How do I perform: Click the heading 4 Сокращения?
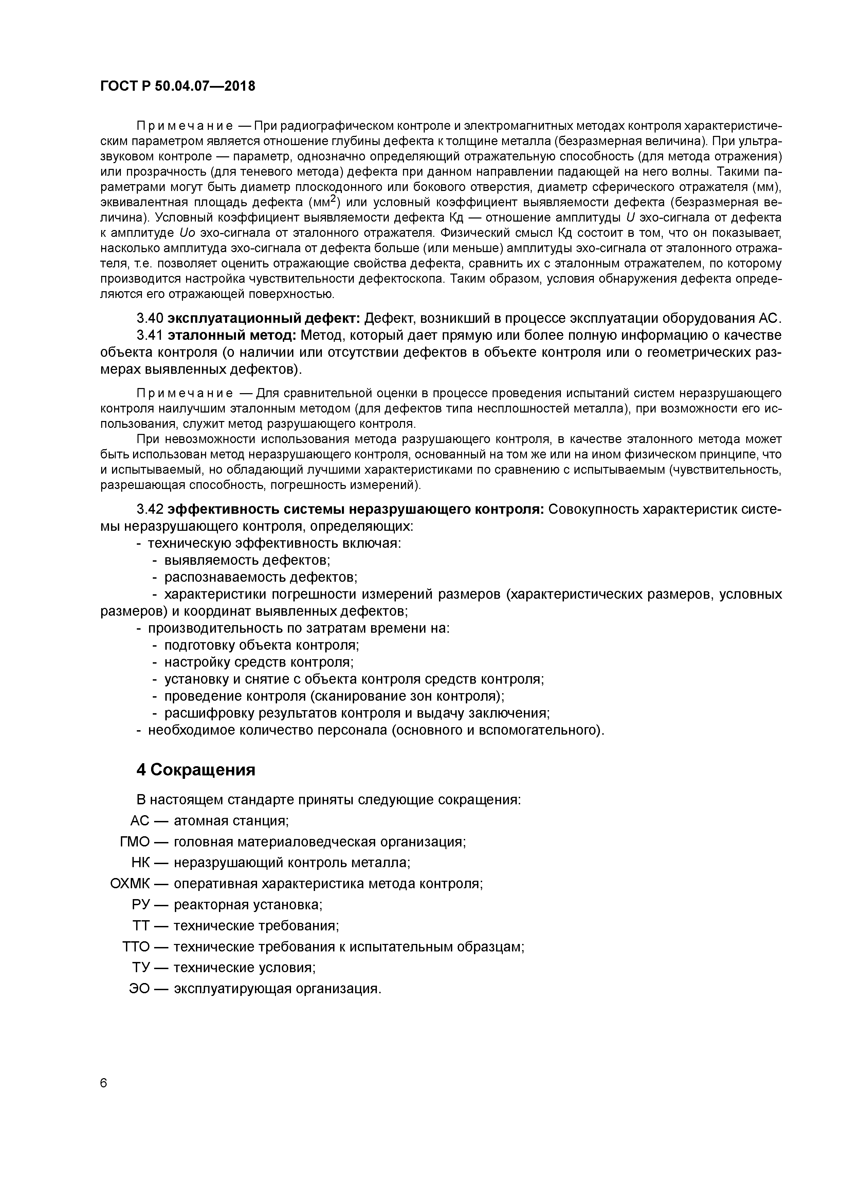pyautogui.click(x=196, y=769)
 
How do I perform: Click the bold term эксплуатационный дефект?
pyautogui.click(x=264, y=318)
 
